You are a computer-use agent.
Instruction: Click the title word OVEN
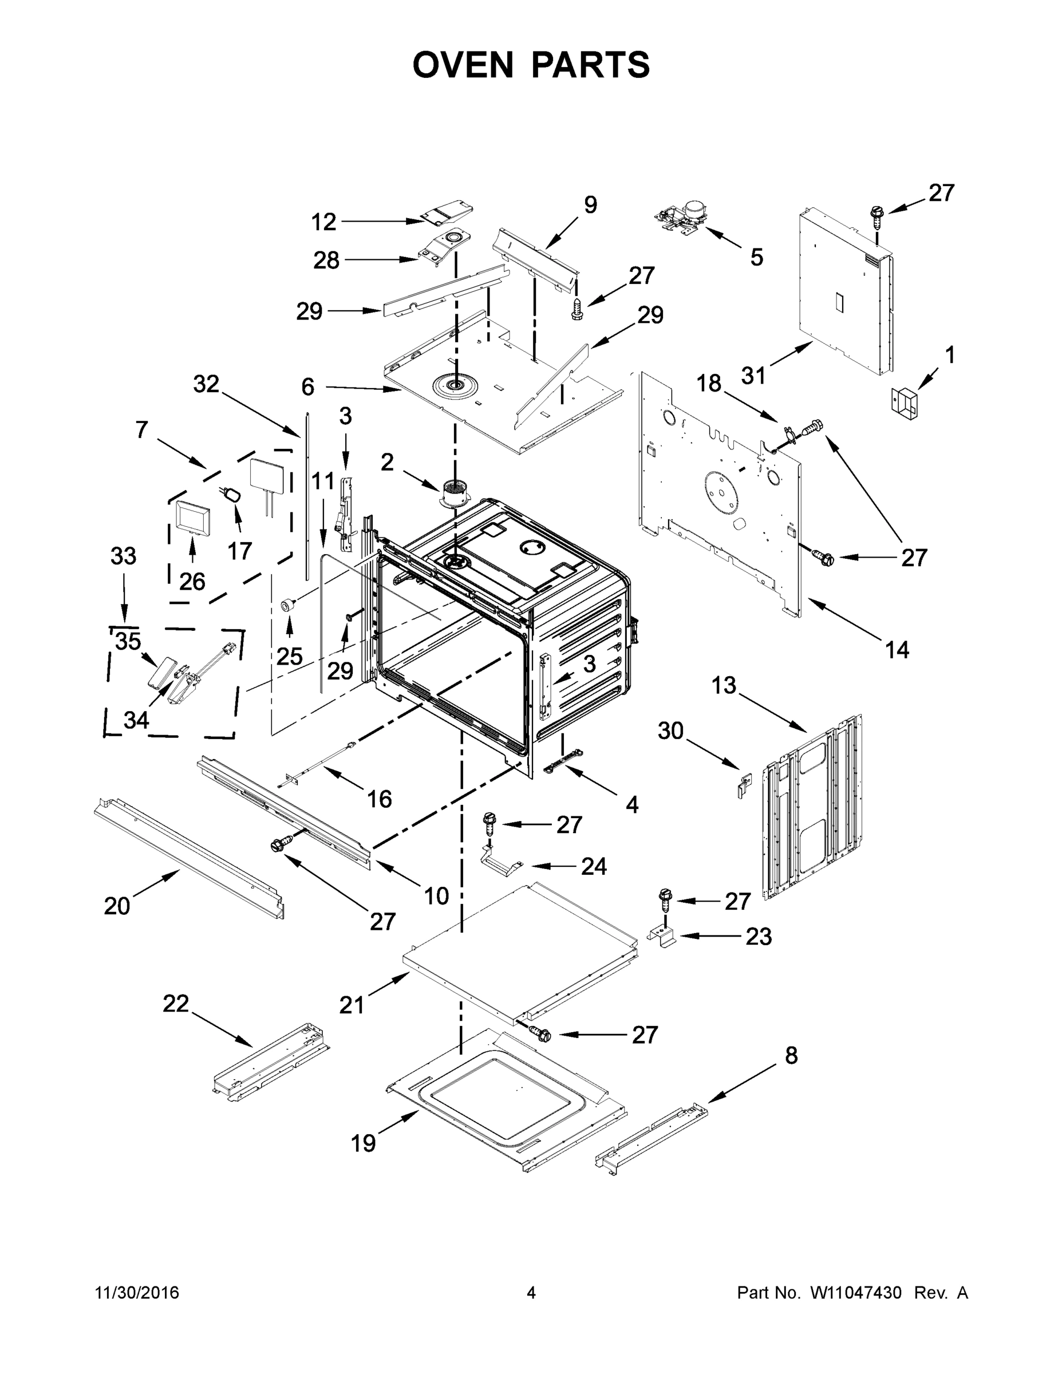(x=463, y=65)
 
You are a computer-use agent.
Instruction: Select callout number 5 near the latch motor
(x=756, y=256)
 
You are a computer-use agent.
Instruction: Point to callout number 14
(x=897, y=649)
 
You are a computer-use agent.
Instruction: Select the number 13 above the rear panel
(x=724, y=685)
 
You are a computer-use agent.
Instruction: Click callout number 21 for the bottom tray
(x=352, y=1005)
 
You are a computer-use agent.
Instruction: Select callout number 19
(x=364, y=1143)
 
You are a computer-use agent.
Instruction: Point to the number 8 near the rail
(x=791, y=1055)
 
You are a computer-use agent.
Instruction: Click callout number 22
(x=176, y=1004)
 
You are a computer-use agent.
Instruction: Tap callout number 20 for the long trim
(x=117, y=906)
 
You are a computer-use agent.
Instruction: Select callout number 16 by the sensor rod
(x=380, y=799)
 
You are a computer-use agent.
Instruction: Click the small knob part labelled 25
(x=288, y=606)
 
